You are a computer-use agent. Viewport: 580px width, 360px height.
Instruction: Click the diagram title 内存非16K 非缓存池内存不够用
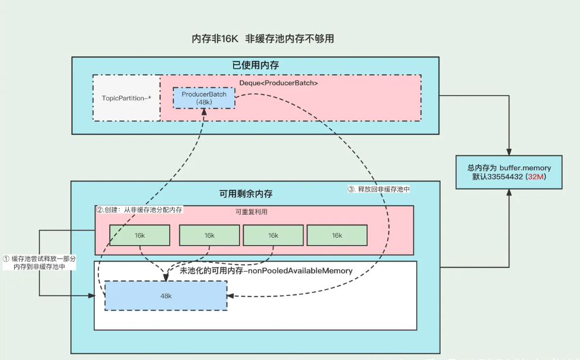[263, 39]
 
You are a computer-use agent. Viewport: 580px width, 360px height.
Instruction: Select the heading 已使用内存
[255, 65]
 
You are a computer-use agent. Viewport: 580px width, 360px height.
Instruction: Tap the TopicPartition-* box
[126, 98]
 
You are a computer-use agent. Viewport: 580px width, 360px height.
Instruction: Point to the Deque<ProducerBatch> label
[279, 83]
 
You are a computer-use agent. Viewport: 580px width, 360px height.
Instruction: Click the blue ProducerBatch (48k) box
[203, 98]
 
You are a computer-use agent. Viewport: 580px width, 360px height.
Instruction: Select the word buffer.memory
[525, 168]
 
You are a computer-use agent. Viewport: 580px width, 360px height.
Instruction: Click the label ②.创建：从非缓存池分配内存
[140, 209]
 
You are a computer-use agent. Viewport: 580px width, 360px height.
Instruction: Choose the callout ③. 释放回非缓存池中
[378, 189]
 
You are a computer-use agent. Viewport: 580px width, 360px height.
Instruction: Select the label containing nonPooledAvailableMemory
[266, 270]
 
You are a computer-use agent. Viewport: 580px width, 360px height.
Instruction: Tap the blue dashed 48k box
[166, 295]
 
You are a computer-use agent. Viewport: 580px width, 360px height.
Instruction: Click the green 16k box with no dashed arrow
[337, 235]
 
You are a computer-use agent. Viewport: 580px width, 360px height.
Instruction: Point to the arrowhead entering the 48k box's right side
[231, 295]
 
